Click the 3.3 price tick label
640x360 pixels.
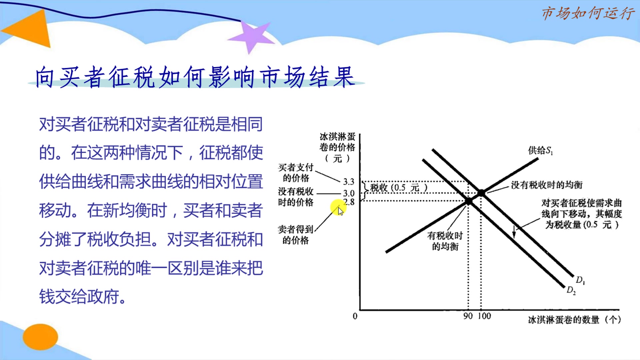(x=349, y=182)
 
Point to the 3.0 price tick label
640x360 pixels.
(x=349, y=193)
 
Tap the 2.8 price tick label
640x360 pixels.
(x=349, y=202)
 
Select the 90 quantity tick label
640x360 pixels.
(x=468, y=316)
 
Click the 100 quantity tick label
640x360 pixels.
(x=484, y=316)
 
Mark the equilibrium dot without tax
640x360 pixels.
(x=481, y=193)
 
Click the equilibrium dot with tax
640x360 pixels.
(x=469, y=201)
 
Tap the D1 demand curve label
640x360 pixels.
(x=580, y=280)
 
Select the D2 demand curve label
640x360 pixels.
(x=571, y=290)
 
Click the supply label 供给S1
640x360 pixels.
(x=540, y=151)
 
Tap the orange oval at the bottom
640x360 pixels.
(x=40, y=337)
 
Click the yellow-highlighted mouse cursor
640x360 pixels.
(x=339, y=209)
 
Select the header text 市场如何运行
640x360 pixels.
(x=588, y=14)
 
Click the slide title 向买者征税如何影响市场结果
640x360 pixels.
(x=195, y=77)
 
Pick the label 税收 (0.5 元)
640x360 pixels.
(x=399, y=188)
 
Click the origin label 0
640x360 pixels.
(x=355, y=316)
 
